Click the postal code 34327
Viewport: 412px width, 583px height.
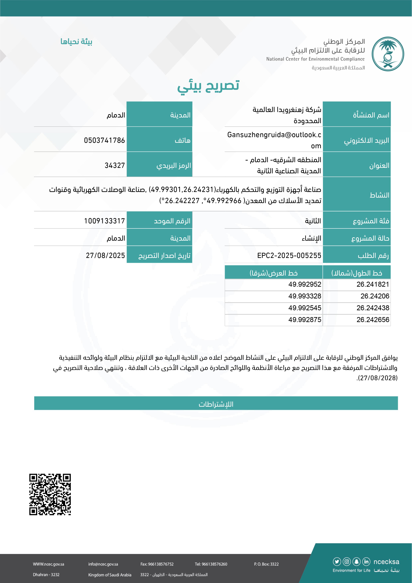115,166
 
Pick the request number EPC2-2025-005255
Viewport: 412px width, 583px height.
289,255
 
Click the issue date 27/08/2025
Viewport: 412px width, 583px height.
105,255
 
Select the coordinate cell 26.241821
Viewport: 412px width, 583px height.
373,284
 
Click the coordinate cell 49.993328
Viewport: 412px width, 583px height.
305,296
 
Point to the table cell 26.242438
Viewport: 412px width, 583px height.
373,308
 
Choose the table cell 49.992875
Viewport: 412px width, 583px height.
305,320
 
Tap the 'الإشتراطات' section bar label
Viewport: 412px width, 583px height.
216,404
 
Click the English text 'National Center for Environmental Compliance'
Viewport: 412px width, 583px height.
315,59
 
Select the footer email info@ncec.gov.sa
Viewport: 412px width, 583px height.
103,564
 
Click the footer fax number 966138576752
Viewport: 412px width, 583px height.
157,564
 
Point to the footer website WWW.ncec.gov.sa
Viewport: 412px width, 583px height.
49,564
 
